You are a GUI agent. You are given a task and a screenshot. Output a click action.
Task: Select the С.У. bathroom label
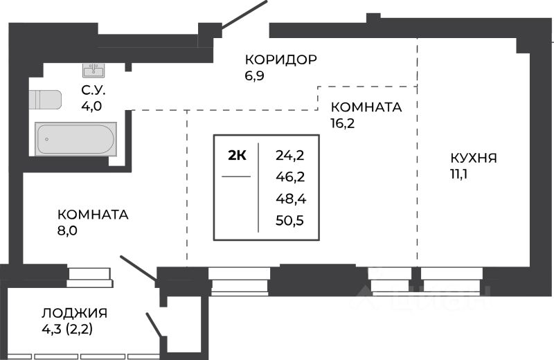coord(93,90)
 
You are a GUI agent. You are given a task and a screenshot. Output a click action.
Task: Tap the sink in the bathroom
coord(93,70)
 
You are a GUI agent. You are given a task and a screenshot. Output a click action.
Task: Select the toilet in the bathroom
coord(44,100)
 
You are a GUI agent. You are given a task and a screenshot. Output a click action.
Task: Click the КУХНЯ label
coord(474,158)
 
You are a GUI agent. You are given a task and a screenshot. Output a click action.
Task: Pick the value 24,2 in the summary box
coord(291,155)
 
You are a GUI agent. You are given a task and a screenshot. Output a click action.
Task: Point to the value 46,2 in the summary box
coord(291,177)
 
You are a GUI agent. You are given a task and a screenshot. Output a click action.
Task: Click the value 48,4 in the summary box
coord(291,199)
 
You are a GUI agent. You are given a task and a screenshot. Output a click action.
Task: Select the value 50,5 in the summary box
coord(291,222)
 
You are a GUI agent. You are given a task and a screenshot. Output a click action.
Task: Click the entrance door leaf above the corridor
coord(244,15)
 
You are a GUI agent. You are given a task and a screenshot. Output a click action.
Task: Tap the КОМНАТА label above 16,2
coord(366,107)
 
